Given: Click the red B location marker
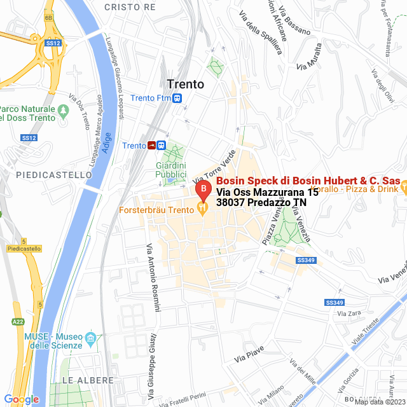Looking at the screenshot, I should tap(203, 190).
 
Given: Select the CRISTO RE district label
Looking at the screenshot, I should tap(130, 7).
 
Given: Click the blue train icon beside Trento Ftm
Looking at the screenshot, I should tap(177, 98).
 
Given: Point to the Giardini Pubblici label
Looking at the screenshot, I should tap(171, 170).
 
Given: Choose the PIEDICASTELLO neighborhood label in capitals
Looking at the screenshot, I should tap(45, 174).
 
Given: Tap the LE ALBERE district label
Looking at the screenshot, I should tap(88, 380).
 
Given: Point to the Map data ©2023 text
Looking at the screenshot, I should tap(380, 402).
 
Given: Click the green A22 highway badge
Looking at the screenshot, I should tap(18, 322).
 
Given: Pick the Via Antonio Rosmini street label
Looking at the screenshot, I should tap(152, 274).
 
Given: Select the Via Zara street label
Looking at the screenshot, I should tap(350, 314).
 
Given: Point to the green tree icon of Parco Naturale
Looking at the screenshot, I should tap(63, 111).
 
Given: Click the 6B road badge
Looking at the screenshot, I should tap(49, 18).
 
